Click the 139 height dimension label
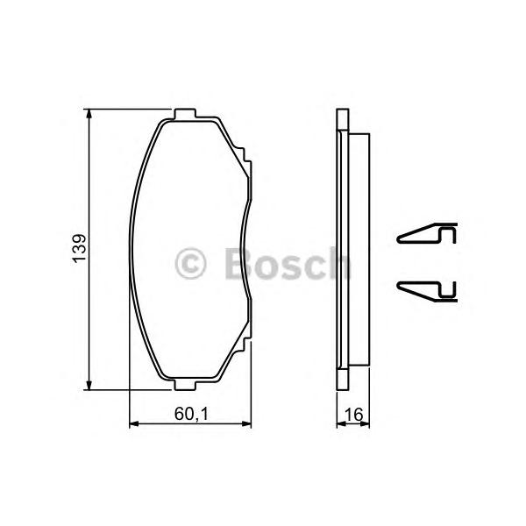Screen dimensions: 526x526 (x=79, y=249)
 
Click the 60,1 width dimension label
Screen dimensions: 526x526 (x=191, y=414)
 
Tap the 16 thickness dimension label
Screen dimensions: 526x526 (x=353, y=415)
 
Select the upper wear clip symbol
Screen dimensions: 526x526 (x=427, y=233)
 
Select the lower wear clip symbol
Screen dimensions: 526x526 (x=427, y=292)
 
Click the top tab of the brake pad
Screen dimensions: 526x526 (x=184, y=113)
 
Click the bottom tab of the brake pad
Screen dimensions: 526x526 (x=184, y=385)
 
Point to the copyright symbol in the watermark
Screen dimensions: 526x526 (x=190, y=264)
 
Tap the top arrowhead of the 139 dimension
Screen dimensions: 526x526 (x=89, y=113)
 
